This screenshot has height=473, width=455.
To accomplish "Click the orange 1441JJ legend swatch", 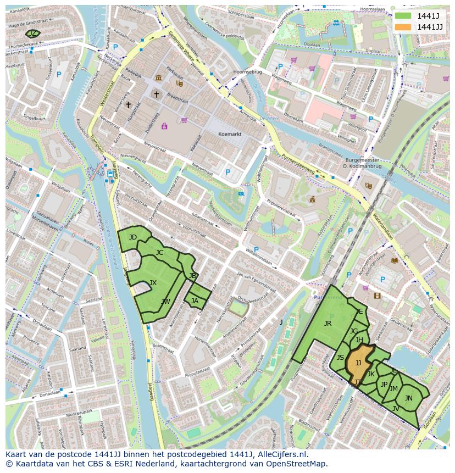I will click(404, 27).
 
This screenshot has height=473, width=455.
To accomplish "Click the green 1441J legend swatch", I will click(404, 15).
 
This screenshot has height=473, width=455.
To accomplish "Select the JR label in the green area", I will click(328, 323).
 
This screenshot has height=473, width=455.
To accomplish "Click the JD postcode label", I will click(132, 237).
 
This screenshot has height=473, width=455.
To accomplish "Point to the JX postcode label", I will click(153, 283).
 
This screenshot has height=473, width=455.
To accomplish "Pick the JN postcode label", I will click(408, 398).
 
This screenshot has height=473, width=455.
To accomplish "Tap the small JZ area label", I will click(32, 34).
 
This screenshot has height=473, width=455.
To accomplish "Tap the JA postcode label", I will click(195, 301).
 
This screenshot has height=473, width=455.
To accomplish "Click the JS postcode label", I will click(340, 358).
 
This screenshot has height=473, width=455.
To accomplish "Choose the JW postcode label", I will click(165, 302).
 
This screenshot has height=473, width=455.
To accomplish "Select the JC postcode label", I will click(159, 253).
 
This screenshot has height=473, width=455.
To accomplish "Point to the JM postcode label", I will click(393, 389).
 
